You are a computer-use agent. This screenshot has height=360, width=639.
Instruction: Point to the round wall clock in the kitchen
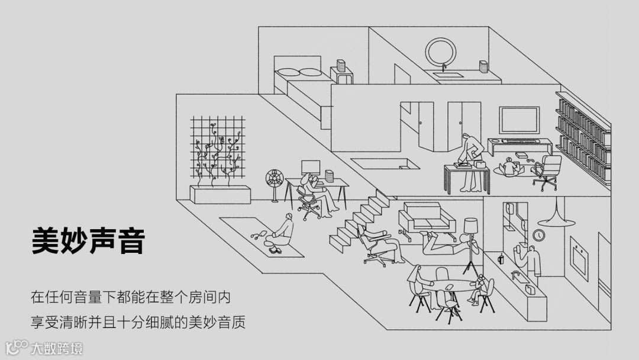[x=538, y=235]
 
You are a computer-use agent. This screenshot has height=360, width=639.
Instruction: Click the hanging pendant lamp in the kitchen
[x=556, y=220]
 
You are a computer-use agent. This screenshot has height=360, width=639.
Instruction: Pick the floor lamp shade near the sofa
[x=471, y=226]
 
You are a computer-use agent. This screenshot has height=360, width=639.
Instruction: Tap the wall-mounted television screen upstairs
[x=519, y=120]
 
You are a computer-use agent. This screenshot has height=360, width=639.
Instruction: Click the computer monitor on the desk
[x=311, y=167]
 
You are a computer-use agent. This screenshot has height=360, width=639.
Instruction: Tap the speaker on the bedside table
[x=341, y=65]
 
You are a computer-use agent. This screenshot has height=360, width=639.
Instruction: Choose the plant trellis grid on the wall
[x=217, y=147]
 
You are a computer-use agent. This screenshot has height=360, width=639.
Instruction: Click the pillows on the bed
[x=299, y=72]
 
